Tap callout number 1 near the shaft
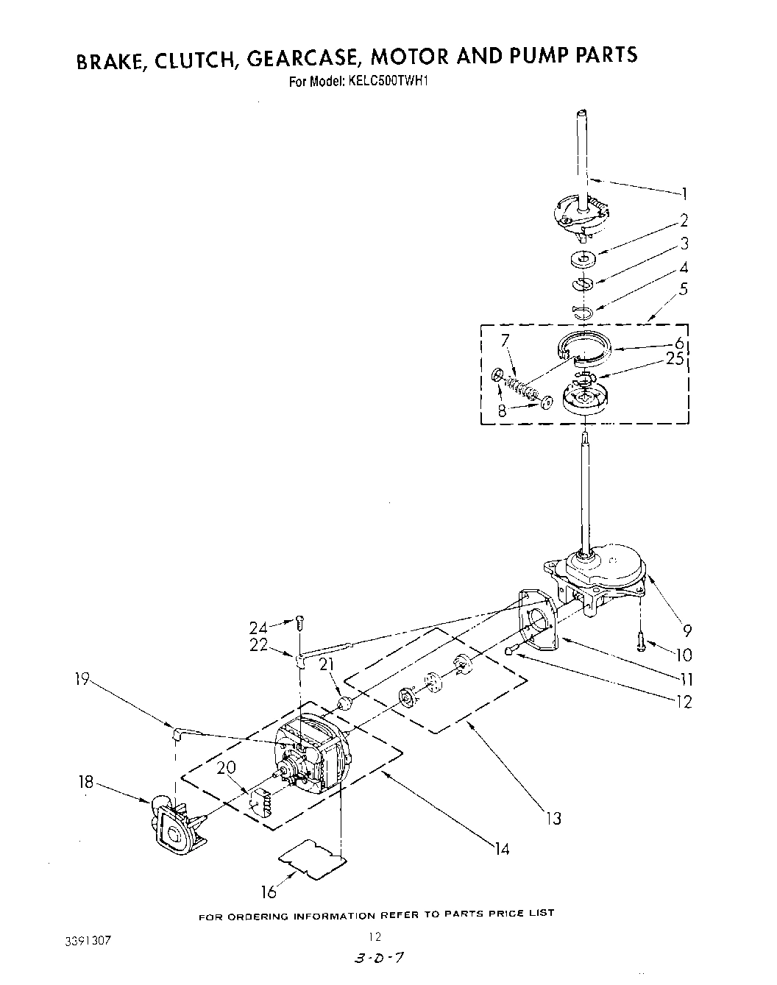click(x=684, y=193)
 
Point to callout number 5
click(x=684, y=289)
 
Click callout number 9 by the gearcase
click(x=687, y=630)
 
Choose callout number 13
click(x=553, y=817)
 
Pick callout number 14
click(x=502, y=850)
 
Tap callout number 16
click(x=269, y=892)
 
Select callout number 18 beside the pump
click(x=87, y=782)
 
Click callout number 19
click(x=81, y=680)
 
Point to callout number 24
click(x=258, y=627)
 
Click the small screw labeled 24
click(x=299, y=623)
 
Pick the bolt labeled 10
click(x=642, y=642)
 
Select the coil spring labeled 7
click(x=525, y=387)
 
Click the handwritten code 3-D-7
click(x=381, y=959)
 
